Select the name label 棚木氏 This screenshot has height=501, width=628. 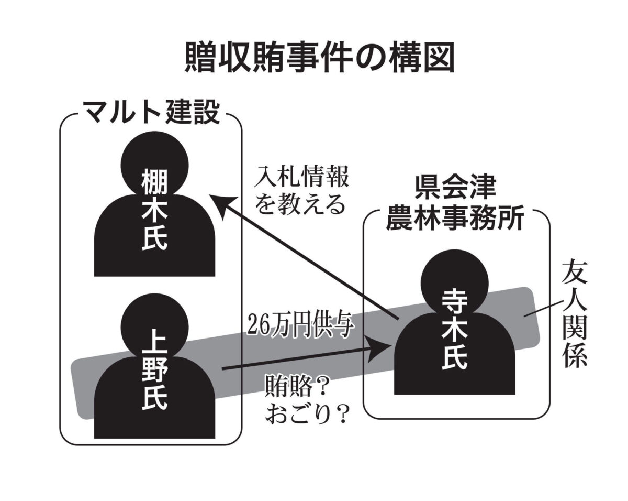(x=155, y=211)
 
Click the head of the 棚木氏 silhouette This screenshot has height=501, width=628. (x=155, y=165)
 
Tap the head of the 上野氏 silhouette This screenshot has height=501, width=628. (x=155, y=327)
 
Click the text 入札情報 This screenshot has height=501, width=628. (x=301, y=177)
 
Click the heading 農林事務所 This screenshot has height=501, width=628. (x=455, y=218)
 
